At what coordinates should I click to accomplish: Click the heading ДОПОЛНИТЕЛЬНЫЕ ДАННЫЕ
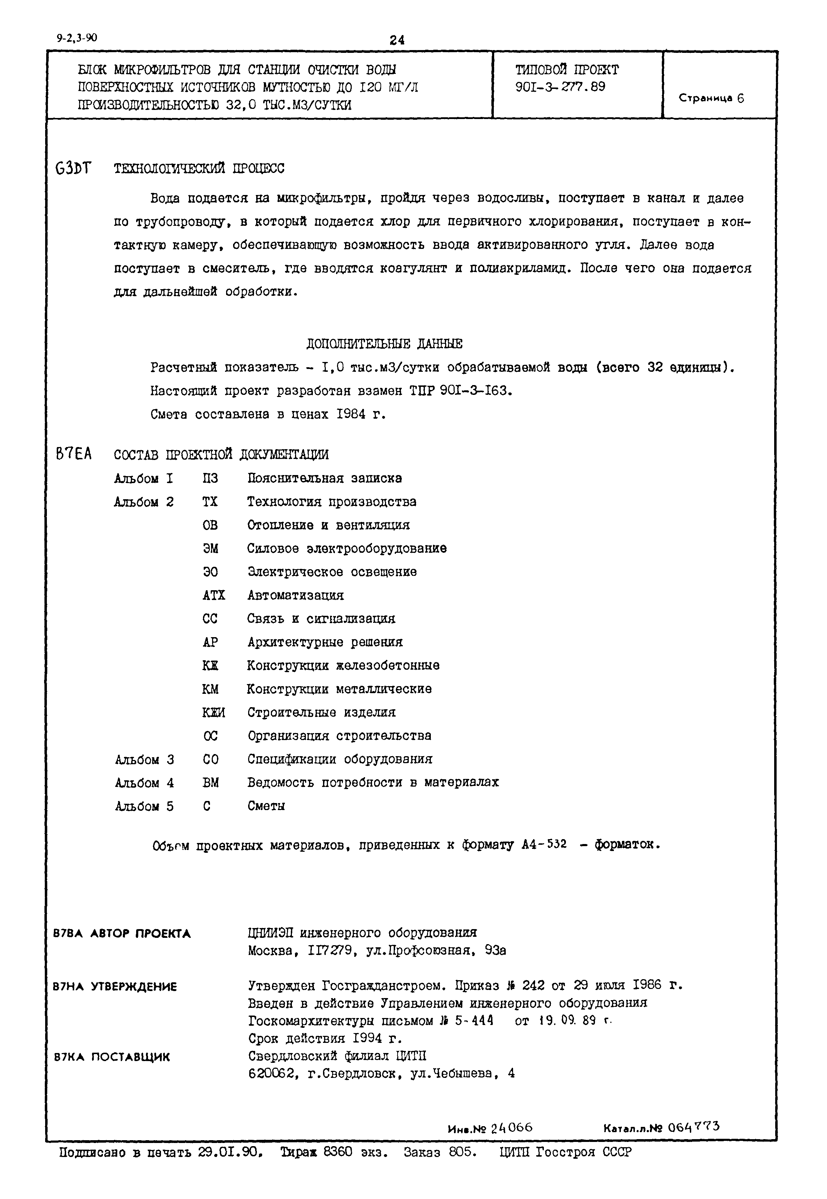pos(384,343)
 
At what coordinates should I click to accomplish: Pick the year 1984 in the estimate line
pos(351,414)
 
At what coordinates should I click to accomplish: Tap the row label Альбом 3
pos(144,760)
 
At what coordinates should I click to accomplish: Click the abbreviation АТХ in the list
pos(213,595)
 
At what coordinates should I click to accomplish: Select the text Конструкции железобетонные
pos(343,665)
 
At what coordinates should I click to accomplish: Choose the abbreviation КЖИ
pos(213,712)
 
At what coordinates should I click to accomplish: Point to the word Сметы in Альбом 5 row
pos(266,806)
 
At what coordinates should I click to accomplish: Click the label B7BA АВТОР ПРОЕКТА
pos(122,934)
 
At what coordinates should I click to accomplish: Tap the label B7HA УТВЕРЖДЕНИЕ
pos(115,987)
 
